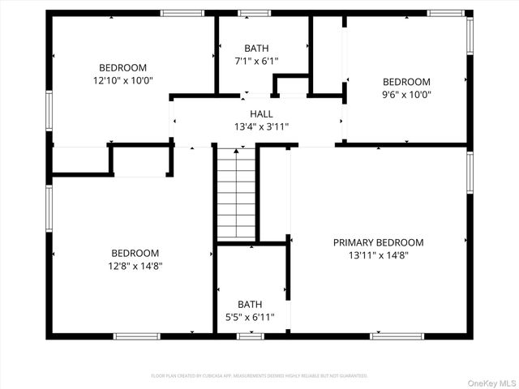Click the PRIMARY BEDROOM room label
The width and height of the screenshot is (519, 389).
coord(378,242)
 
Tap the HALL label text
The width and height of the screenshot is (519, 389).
coord(261,114)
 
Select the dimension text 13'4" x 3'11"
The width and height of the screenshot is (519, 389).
coord(261,126)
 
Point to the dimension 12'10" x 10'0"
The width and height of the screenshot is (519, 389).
coord(122,80)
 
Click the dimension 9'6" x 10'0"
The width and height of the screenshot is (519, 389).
coord(406,94)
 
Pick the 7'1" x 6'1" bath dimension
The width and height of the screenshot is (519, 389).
coord(256,61)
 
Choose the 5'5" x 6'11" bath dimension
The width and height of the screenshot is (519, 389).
coord(250,317)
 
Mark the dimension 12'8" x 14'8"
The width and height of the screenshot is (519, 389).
coord(135,266)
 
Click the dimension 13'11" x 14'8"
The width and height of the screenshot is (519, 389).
coord(378,254)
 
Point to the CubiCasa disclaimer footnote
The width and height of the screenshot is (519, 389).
coord(259,376)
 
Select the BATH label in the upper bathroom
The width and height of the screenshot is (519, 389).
coord(256,49)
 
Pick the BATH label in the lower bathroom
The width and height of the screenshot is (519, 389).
coord(250,305)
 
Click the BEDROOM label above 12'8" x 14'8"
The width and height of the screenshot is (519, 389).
coord(135,254)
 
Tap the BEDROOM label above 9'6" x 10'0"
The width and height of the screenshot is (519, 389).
coord(406,82)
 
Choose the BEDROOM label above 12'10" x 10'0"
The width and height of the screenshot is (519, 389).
coord(122,68)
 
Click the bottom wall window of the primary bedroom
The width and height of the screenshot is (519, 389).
coord(397,336)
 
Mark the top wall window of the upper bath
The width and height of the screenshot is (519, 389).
coord(254,13)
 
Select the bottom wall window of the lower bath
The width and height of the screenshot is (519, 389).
coord(250,336)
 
